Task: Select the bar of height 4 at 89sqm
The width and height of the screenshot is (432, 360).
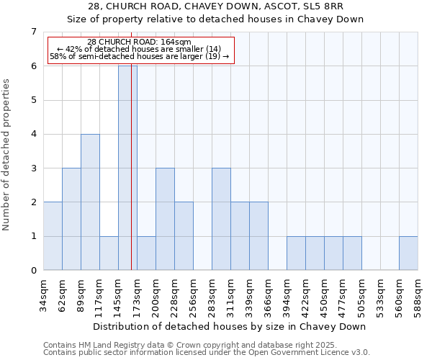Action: (x=90, y=202)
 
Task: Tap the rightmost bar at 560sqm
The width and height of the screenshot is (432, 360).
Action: (x=408, y=253)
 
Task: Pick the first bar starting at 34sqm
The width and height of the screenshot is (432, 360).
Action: (x=53, y=236)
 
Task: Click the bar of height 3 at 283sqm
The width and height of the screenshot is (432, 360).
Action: (x=221, y=220)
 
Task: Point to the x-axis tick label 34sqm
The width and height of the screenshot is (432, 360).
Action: (x=44, y=295)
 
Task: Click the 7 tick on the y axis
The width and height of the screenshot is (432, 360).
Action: (x=33, y=32)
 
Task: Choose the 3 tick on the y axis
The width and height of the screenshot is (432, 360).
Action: (x=33, y=168)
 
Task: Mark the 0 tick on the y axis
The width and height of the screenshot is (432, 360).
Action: (x=33, y=271)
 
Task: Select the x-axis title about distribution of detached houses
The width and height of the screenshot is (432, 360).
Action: (x=230, y=326)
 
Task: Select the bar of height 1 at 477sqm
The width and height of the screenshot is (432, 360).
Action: (x=352, y=253)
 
